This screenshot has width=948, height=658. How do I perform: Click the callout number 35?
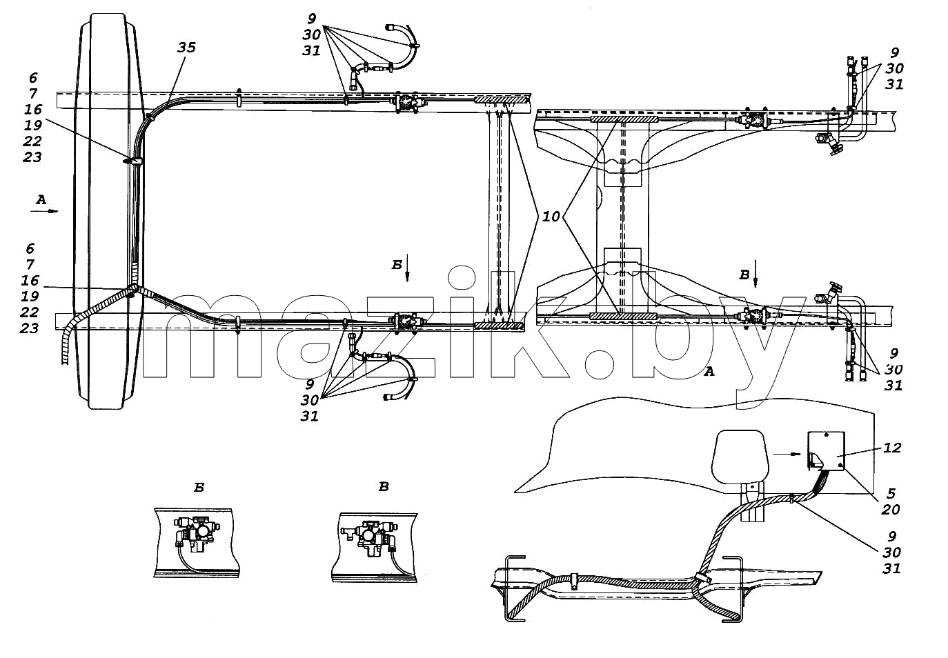pyautogui.click(x=187, y=48)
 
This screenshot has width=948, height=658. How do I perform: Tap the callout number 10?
pyautogui.click(x=551, y=217)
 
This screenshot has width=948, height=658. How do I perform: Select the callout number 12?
pyautogui.click(x=892, y=448)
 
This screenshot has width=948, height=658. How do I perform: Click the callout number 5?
pyautogui.click(x=891, y=493)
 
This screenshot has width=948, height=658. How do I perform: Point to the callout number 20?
pyautogui.click(x=891, y=510)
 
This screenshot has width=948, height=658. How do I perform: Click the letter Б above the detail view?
pyautogui.click(x=199, y=488)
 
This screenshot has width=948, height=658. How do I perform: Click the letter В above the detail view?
pyautogui.click(x=384, y=487)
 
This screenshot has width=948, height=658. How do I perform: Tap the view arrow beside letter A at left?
pyautogui.click(x=44, y=211)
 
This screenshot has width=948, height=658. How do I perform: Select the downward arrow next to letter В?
pyautogui.click(x=756, y=275)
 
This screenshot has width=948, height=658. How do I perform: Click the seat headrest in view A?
pyautogui.click(x=740, y=455)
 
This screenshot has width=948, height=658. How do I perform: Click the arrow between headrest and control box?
pyautogui.click(x=787, y=454)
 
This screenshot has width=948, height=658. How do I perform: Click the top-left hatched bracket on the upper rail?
pyautogui.click(x=501, y=100)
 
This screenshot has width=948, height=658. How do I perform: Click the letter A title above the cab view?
pyautogui.click(x=709, y=372)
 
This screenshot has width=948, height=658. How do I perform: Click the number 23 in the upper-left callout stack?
pyautogui.click(x=32, y=157)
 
